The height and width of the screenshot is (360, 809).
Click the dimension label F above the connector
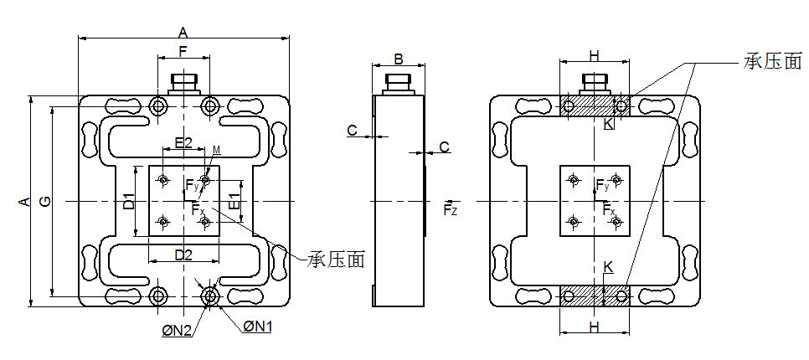pos(183,52)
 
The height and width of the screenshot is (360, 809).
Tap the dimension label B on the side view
pos(399,59)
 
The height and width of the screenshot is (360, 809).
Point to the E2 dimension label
pos(183,143)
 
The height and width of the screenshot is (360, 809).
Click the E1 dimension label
pos(235,201)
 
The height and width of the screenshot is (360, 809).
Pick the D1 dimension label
pos(129,201)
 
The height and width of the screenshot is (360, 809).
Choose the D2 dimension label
pos(183,254)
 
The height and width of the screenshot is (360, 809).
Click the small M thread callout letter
pos(216,150)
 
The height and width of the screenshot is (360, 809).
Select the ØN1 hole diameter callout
pos(258,326)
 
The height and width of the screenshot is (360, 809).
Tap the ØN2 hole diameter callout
pos(178,332)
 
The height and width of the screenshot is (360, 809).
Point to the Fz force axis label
pos(451,208)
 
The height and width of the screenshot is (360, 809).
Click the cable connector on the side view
pos(399,83)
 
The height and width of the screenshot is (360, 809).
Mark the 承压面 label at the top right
pos(772,62)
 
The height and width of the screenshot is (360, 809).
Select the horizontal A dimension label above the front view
pos(183,32)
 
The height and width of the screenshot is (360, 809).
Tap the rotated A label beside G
pos(24,201)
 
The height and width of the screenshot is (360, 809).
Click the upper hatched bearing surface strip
pos(595,106)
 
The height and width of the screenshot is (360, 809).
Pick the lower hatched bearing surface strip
pos(595,296)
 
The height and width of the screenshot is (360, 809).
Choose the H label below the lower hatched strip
pos(594,325)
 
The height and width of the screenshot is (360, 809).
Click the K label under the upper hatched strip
pos(608,124)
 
